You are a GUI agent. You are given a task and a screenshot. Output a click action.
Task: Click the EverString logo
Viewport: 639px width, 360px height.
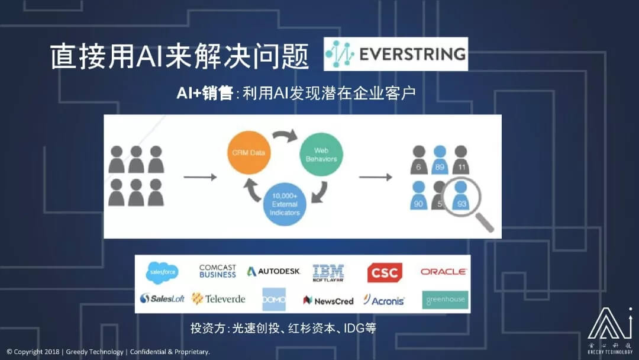click(396, 54)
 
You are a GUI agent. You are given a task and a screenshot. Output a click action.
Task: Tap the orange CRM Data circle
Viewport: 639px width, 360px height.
click(248, 153)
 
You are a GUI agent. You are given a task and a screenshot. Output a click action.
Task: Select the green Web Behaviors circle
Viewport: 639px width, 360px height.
click(321, 155)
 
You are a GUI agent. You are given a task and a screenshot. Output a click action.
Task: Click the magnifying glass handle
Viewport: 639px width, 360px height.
click(483, 221)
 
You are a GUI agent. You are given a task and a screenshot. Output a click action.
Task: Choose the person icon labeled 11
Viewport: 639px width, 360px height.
click(460, 160)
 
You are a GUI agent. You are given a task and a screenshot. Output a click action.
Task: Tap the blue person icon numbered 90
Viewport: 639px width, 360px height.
click(419, 196)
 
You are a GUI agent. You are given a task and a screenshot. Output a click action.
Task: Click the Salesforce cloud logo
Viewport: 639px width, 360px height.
click(163, 272)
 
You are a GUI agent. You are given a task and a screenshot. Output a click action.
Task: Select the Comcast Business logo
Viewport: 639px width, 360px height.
click(218, 271)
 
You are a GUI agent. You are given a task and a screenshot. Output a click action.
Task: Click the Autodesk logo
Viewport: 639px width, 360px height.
click(274, 271)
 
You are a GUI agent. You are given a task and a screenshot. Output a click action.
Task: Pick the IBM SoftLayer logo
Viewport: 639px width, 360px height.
click(328, 272)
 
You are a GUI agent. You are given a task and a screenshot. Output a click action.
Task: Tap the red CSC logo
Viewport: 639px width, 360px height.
click(385, 272)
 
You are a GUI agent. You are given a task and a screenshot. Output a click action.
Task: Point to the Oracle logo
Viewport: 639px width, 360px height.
click(444, 272)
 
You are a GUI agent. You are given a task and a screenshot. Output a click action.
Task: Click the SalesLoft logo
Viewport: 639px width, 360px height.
click(162, 298)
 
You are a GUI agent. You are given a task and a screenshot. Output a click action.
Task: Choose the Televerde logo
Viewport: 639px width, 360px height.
click(218, 298)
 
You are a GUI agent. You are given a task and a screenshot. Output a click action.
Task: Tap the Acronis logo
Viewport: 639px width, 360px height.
click(384, 300)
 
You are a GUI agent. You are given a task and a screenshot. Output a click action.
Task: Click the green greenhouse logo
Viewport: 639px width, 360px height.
click(445, 300)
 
